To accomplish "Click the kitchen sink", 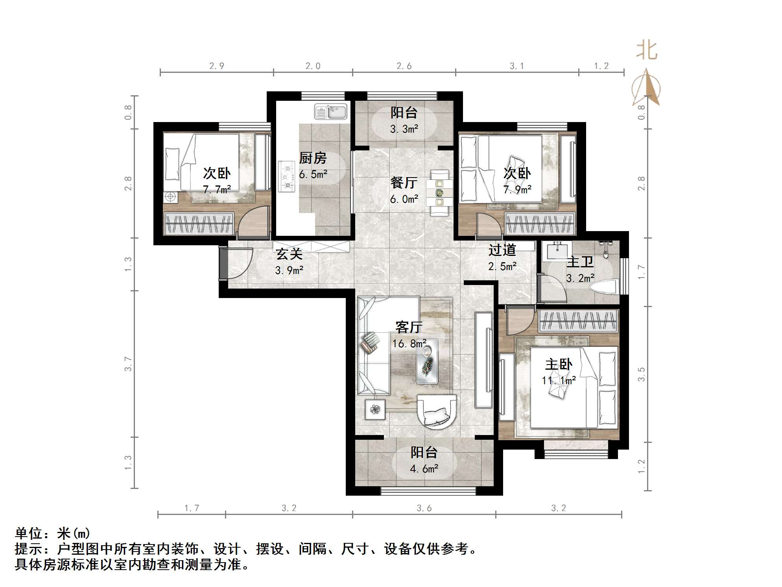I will coord(330,112).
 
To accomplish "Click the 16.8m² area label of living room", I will coord(409,344).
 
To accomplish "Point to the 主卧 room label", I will coord(559,365).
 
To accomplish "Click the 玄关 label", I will coord(289,254).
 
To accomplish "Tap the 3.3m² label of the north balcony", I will coord(404,129).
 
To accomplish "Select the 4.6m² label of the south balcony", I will coord(424,469).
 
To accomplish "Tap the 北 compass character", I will coord(647,51).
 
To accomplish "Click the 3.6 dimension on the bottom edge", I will coord(424,508).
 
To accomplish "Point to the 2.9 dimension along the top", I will coord(217,66).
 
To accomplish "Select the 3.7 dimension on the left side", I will coord(128,364).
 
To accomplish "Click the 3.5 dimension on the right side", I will coord(642,374).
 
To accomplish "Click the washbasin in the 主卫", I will coord(557,250).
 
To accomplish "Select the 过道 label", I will coord(502,250).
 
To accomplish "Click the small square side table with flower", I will coord(376,409).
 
